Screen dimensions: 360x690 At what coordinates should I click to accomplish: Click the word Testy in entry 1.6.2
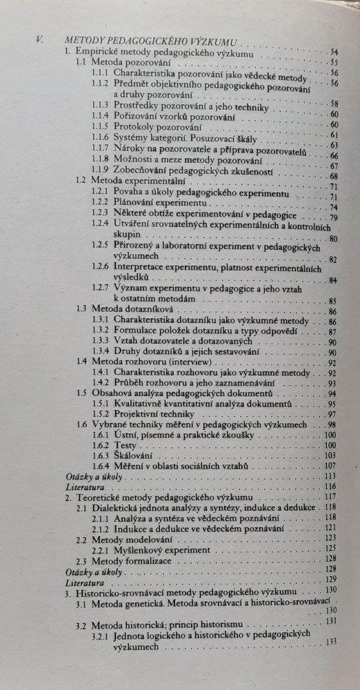pyautogui.click(x=125, y=446)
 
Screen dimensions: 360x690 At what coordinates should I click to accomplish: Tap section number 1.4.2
pyautogui.click(x=101, y=383)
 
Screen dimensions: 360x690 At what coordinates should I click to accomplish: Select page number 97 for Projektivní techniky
pyautogui.click(x=332, y=414)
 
